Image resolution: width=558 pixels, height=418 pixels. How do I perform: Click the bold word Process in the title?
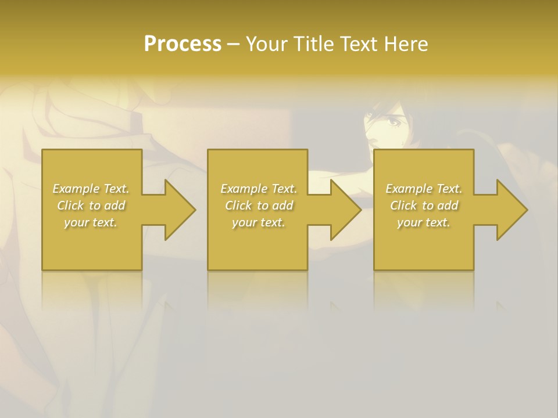point(183,44)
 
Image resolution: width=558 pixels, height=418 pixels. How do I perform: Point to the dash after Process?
point(234,45)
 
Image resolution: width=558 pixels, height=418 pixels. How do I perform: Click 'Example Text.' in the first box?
point(91,189)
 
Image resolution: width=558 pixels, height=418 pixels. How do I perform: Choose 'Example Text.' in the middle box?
point(258,189)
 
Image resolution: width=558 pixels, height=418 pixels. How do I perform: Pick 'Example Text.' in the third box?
point(424,189)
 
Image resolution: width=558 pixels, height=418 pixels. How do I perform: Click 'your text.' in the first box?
point(91,222)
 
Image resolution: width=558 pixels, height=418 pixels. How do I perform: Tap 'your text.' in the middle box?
point(258,222)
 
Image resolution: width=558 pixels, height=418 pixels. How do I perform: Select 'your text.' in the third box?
point(424,222)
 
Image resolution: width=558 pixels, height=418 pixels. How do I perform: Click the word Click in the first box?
point(71,206)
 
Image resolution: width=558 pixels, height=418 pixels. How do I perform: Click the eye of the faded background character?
point(393,122)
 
